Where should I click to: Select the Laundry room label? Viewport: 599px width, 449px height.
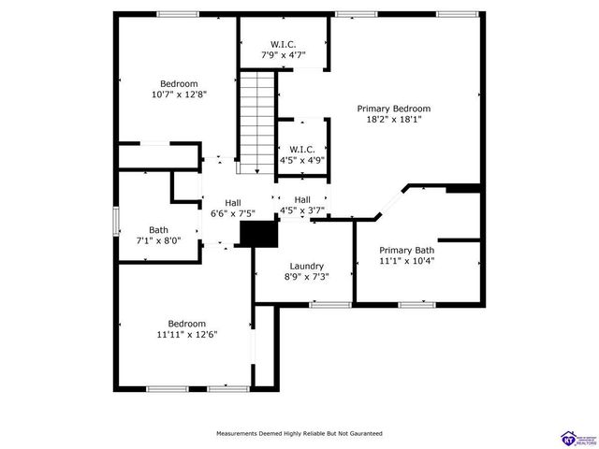click(x=306, y=266)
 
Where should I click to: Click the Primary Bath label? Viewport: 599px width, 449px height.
click(x=406, y=250)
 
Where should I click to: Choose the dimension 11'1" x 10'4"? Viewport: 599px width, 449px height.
click(x=406, y=261)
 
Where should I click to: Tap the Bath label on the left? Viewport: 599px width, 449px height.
click(x=159, y=230)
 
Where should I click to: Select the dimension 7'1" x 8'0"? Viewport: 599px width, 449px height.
click(x=159, y=241)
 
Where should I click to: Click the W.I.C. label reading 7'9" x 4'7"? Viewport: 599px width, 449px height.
click(x=284, y=45)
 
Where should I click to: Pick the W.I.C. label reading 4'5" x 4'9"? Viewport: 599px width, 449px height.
click(x=301, y=150)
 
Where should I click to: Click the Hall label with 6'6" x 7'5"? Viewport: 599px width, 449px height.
click(x=233, y=202)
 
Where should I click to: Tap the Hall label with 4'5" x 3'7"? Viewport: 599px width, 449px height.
click(x=302, y=200)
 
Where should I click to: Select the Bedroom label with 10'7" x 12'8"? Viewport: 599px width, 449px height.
click(x=178, y=83)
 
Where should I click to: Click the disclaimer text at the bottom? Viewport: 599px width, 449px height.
click(x=299, y=434)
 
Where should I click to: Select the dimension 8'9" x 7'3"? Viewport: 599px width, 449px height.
click(x=306, y=277)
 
